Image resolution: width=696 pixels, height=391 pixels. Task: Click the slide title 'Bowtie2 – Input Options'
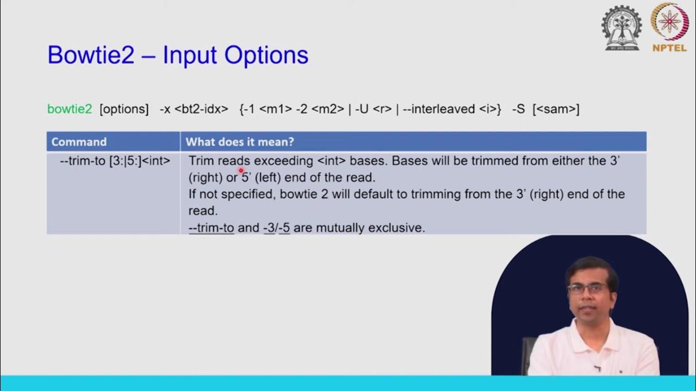[x=178, y=55]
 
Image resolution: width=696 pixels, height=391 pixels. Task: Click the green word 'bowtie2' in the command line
[x=70, y=109]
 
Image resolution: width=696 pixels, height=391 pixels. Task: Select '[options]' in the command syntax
[x=124, y=109]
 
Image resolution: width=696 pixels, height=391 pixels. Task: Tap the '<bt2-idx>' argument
[x=201, y=109]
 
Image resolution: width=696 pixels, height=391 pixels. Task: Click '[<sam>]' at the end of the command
[x=556, y=109]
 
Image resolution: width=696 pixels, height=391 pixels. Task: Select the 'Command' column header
[x=79, y=142]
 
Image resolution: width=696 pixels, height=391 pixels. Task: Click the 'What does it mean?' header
[x=240, y=142]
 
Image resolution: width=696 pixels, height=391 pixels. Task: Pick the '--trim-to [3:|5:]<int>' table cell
[x=115, y=161]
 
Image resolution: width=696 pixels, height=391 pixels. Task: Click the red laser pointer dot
[x=241, y=171]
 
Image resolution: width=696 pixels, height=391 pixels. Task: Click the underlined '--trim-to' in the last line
[x=211, y=228]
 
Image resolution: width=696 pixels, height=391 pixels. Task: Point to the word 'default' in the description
[x=378, y=194]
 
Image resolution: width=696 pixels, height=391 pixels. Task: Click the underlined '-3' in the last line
[x=269, y=228]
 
